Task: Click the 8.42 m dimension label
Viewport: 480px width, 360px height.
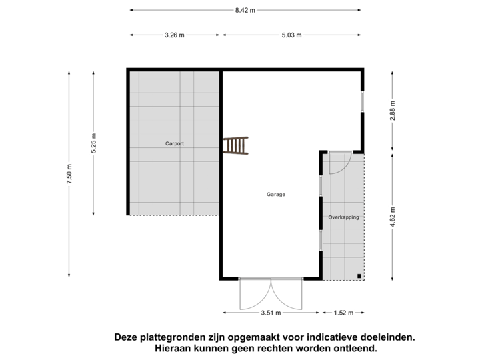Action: click(245, 10)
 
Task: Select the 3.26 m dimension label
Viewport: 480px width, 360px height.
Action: click(175, 35)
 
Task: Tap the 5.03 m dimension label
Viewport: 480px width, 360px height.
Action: click(292, 35)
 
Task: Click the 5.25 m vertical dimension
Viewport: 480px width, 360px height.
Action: click(94, 143)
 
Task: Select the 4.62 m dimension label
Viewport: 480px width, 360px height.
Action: click(393, 217)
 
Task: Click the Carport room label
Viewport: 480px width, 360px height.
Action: click(175, 143)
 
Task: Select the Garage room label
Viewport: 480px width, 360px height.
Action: click(276, 195)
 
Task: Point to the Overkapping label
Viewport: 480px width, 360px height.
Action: click(343, 217)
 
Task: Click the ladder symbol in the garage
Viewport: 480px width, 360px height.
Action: click(235, 145)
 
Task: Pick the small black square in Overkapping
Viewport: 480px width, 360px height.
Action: click(359, 275)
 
